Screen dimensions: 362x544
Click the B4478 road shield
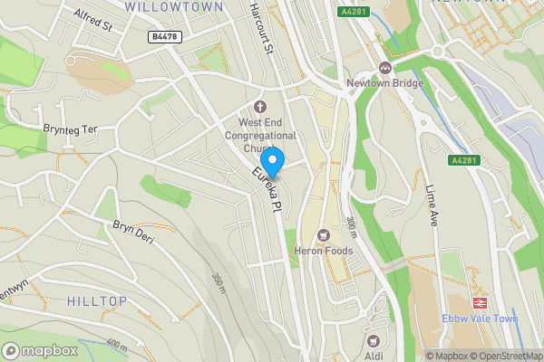pos(163,37)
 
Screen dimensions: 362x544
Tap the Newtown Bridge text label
pos(385,84)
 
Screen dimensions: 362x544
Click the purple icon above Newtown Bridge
pos(385,68)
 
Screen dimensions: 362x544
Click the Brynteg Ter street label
pos(70,129)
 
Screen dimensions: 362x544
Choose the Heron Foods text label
pos(321,252)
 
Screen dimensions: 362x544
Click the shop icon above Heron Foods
pos(323,235)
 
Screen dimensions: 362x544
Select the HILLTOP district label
pos(97,300)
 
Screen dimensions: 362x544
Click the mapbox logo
pos(40,350)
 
